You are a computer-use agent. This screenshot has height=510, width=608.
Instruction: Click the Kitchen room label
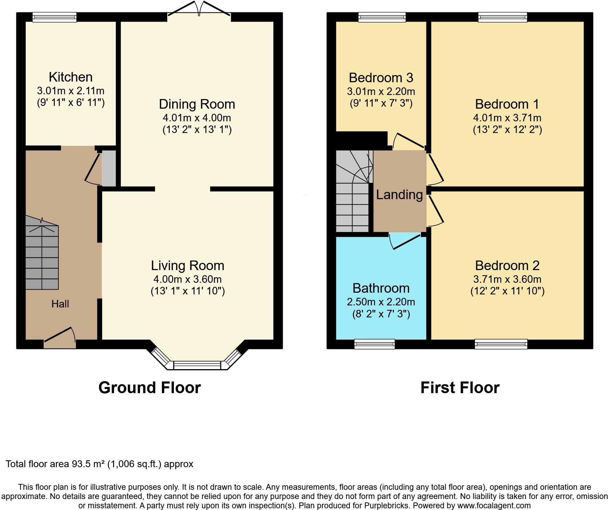point(71,77)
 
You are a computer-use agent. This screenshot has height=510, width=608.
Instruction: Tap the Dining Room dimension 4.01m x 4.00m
point(197,118)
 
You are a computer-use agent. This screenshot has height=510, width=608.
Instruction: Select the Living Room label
point(188,266)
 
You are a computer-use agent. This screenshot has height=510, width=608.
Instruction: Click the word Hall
point(60,304)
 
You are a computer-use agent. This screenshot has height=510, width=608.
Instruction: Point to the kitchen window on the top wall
point(54,17)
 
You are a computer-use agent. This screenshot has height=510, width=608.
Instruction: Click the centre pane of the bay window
point(197,365)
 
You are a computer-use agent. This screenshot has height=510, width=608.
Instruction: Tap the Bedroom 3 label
point(381,78)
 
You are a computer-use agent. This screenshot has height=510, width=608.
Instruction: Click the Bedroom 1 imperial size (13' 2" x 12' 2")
point(507,130)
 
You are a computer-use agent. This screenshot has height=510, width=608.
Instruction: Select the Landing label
point(399,195)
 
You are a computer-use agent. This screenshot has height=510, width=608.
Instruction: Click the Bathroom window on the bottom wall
point(375,344)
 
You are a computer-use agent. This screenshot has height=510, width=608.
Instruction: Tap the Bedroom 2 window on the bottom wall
point(501,344)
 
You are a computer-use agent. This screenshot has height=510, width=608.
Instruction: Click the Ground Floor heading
point(150,388)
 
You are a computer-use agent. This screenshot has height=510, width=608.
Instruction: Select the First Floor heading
point(460,388)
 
